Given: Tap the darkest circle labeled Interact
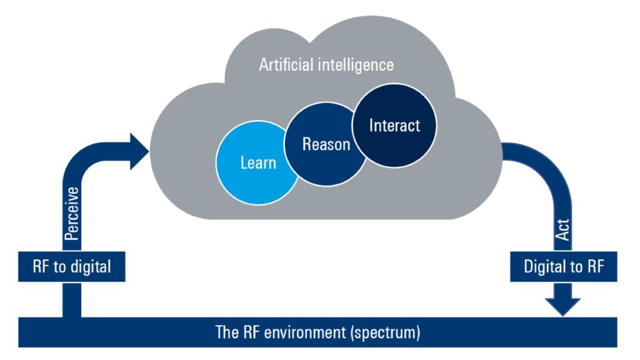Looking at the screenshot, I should coord(394,125).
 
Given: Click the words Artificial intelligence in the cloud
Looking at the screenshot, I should coord(326,64).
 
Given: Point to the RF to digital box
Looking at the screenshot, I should coord(71,267).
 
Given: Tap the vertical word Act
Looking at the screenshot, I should coord(562,232).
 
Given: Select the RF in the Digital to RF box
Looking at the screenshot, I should coord(594,267).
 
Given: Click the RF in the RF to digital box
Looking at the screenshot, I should coord(41,267).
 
